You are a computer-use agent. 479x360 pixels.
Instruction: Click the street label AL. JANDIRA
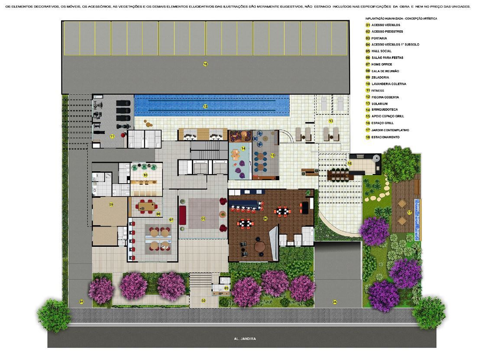pos(245,339)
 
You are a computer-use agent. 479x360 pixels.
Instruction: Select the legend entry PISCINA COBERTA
pos(385,97)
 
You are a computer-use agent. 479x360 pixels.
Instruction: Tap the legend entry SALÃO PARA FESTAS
pos(387,58)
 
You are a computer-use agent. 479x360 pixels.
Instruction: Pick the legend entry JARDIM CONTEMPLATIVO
pos(390,130)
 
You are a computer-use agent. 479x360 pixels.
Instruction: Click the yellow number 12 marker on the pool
pos(205,106)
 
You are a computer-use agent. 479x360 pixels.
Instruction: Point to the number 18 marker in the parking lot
pos(205,64)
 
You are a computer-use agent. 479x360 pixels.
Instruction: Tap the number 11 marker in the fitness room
pos(112,136)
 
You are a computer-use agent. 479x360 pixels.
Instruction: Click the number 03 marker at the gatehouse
pos(227,288)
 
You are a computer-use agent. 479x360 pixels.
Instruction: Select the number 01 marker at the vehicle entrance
pos(81,302)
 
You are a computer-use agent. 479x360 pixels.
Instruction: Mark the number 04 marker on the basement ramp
pos(335,302)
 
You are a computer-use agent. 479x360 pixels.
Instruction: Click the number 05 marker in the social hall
pos(203,218)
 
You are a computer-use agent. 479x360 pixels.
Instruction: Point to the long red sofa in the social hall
pos(182,214)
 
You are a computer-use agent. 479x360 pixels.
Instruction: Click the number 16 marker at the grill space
pos(350,163)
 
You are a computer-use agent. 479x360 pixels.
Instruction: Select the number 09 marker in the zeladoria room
pos(111,204)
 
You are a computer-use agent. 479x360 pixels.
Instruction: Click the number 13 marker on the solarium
pos(331,121)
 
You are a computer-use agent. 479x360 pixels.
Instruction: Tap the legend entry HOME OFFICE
pos(382,65)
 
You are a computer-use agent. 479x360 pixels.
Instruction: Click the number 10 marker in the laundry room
pos(146,175)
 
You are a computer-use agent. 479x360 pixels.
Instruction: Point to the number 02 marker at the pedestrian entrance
pos(204,301)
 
